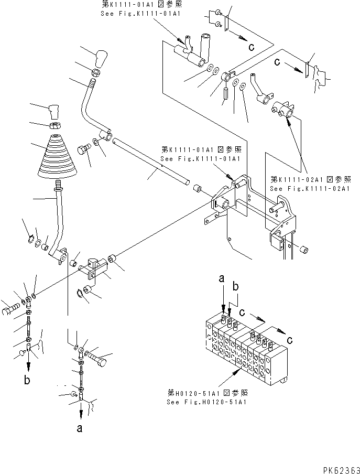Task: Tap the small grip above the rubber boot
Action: pyautogui.click(x=54, y=112)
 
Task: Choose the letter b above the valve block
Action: pyautogui.click(x=236, y=287)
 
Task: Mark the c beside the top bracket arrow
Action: pyautogui.click(x=252, y=47)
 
